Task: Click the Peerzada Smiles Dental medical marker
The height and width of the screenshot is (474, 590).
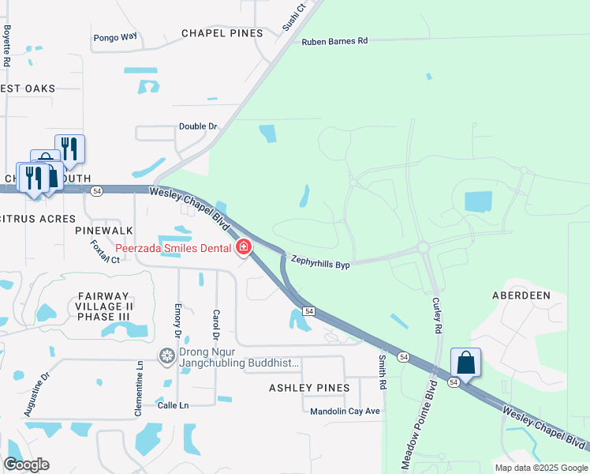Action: coord(244,248)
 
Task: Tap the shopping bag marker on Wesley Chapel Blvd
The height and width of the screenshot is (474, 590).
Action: coord(465,363)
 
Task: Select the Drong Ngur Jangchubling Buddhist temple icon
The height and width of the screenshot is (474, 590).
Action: coord(166,356)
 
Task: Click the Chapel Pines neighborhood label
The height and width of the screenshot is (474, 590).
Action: coord(222,33)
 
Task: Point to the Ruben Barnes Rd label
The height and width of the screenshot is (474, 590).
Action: coord(334,41)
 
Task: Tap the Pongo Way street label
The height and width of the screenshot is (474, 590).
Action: coord(115,37)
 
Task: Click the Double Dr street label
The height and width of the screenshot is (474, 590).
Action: coord(198,126)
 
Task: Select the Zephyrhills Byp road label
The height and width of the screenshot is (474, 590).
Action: coord(320,261)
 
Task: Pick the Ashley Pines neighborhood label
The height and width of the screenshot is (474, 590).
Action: coord(309,388)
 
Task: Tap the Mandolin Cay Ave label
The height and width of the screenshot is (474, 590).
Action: coord(345,411)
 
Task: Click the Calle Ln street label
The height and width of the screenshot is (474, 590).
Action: coord(173,405)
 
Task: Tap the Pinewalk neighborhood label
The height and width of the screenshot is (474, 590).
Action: coord(99,231)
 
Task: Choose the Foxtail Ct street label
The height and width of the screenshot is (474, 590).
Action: coord(105,252)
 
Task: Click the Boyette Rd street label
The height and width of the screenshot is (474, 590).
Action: coord(7,45)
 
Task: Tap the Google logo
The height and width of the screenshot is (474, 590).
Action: coord(26,465)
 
